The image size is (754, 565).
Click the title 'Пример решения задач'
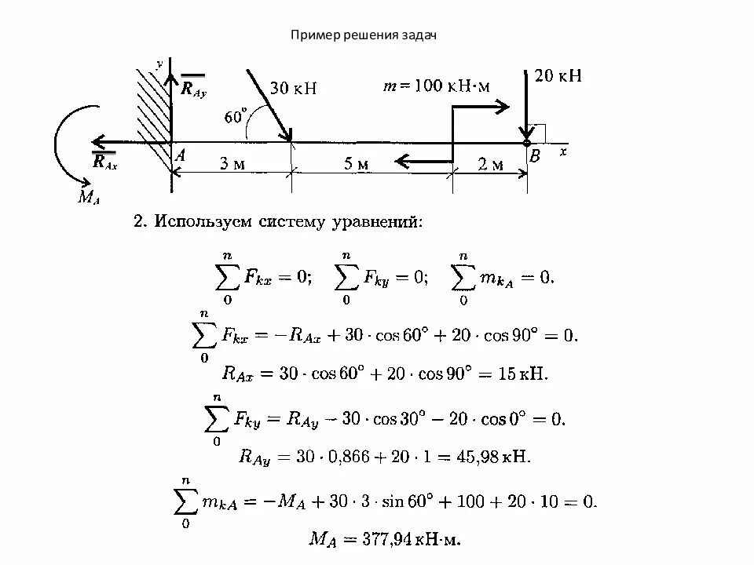click(x=364, y=35)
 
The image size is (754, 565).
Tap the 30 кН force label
click(x=293, y=88)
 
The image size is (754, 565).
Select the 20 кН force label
click(x=558, y=76)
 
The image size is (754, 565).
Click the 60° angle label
click(x=235, y=117)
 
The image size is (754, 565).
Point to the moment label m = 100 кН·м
click(x=436, y=86)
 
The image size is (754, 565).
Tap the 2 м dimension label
click(x=491, y=163)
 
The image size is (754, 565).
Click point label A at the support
click(x=180, y=156)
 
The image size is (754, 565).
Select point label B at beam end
click(x=535, y=157)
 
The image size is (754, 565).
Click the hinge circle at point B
click(x=526, y=142)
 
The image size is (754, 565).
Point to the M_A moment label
click(x=87, y=198)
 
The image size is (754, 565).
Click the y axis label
click(x=159, y=63)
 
